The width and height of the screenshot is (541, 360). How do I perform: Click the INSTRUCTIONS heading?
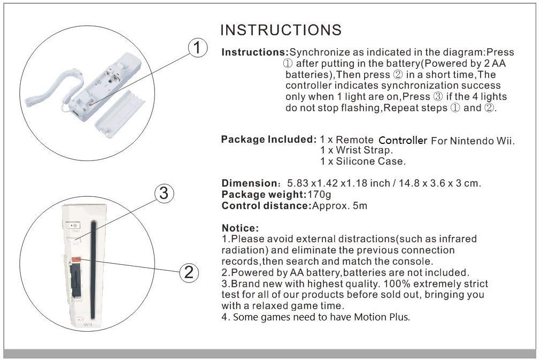click(x=281, y=29)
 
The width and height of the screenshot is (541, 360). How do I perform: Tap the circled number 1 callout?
click(x=197, y=49)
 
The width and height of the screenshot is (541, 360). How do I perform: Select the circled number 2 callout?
click(x=188, y=272)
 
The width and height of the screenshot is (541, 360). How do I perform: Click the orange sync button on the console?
click(x=76, y=259)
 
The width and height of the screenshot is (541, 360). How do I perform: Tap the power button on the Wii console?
click(x=73, y=226)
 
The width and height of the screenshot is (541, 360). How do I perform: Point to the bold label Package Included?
click(x=269, y=140)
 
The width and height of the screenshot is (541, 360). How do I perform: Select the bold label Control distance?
click(x=266, y=205)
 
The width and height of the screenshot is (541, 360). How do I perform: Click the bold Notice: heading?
click(x=240, y=228)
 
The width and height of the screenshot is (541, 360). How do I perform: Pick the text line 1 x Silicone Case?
click(x=362, y=161)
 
